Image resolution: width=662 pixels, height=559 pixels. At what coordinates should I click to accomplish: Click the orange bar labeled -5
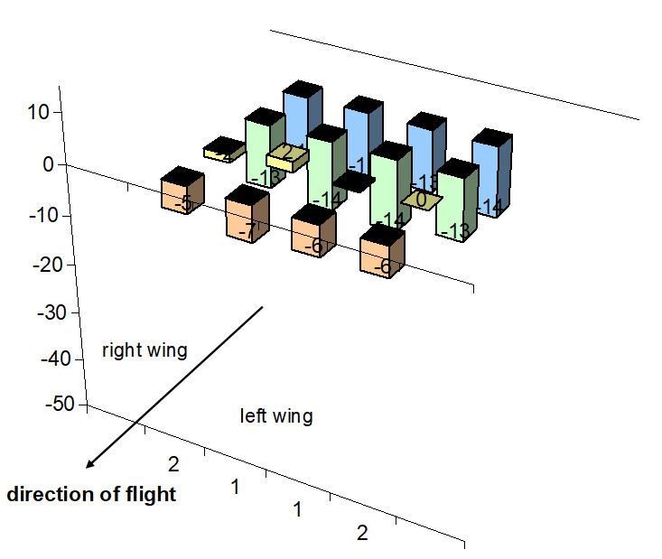[x=182, y=193]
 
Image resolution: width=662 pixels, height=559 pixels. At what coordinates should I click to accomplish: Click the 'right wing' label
[x=145, y=350]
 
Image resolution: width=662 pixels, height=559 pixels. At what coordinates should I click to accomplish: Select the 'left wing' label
[x=276, y=416]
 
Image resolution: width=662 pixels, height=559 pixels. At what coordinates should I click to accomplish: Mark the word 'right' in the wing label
[x=120, y=350]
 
